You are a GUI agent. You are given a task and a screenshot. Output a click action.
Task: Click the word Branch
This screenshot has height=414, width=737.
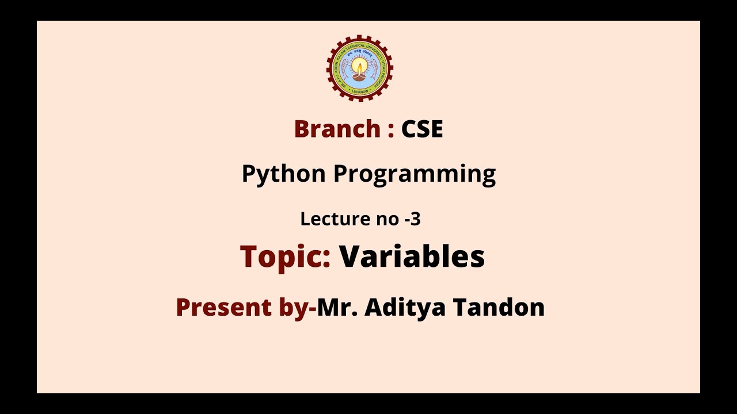[x=336, y=129]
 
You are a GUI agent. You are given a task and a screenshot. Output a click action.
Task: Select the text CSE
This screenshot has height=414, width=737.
[x=422, y=129]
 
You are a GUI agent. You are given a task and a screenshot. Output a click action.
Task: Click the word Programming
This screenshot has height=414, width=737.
[x=414, y=174]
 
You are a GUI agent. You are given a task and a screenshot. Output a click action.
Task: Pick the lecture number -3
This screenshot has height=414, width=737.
[x=412, y=219]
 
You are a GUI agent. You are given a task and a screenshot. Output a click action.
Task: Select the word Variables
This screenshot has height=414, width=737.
[x=412, y=256]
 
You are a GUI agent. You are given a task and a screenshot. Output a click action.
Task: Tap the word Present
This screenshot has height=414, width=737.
[x=224, y=307]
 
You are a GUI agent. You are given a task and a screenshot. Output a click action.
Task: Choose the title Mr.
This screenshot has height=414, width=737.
[x=338, y=307]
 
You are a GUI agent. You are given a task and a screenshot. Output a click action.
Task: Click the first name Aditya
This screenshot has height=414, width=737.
[x=405, y=308]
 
